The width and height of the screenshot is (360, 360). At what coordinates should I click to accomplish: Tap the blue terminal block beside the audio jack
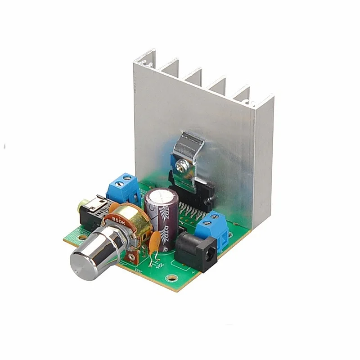pyautogui.click(x=123, y=187)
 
